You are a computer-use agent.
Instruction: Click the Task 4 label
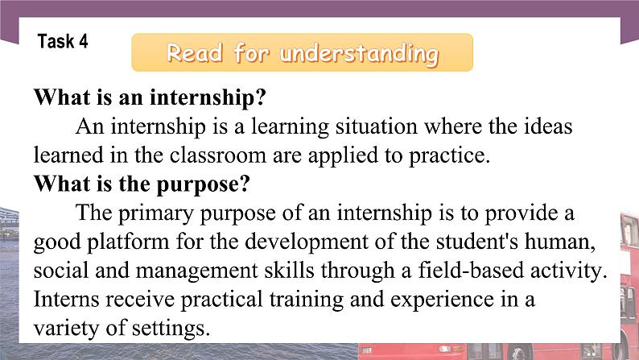[x=63, y=42]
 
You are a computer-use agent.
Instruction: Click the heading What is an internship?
[x=150, y=98]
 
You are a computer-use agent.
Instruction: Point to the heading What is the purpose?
[x=142, y=183]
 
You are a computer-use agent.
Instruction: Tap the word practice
[x=453, y=155]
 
